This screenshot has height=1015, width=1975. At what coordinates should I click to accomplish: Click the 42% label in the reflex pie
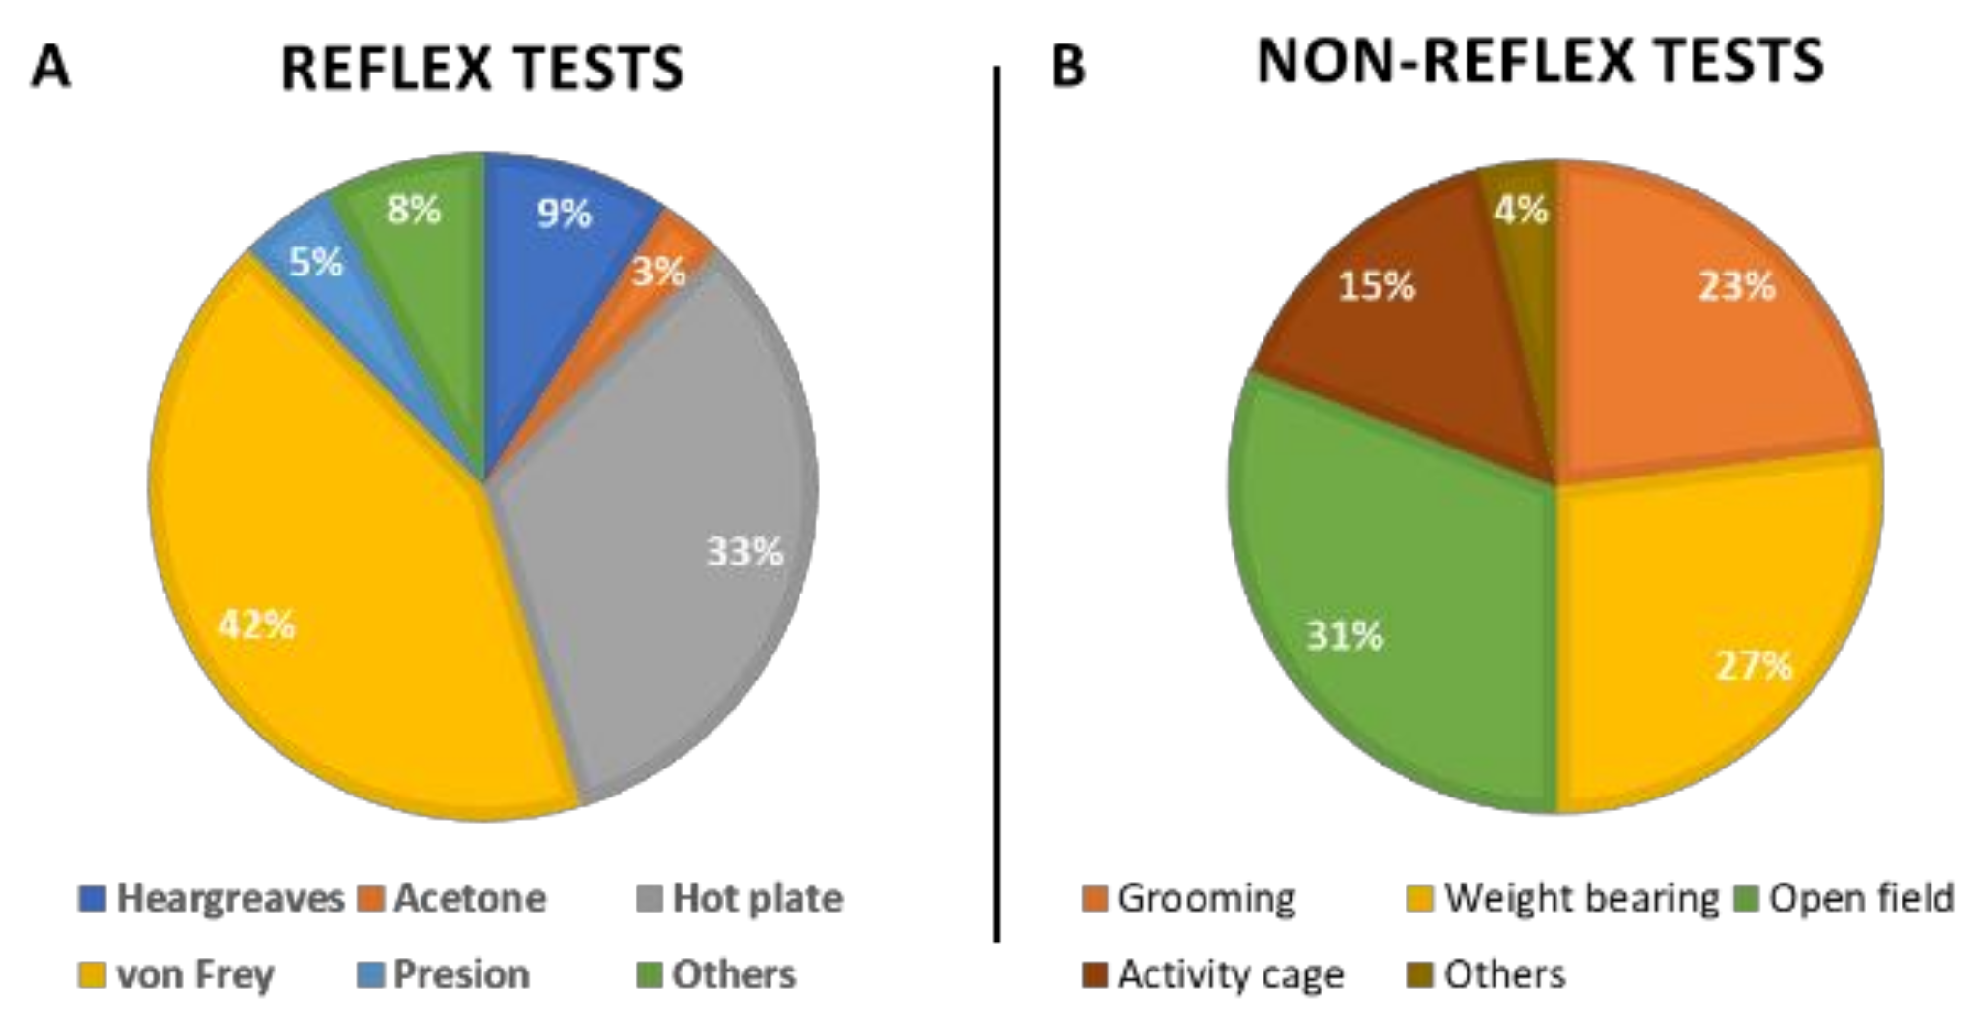[256, 625]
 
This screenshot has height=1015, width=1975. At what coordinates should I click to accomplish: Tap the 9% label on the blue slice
[564, 213]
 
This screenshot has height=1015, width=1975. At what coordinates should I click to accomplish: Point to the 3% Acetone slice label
[659, 272]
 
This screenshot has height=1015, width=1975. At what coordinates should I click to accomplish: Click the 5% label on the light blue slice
[316, 261]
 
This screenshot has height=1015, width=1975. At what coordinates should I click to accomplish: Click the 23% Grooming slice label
[1736, 286]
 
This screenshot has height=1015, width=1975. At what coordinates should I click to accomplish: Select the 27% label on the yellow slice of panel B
[1754, 666]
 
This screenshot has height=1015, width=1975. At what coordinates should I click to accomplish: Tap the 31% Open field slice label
[1345, 636]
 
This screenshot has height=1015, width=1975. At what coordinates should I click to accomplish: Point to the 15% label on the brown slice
[1377, 286]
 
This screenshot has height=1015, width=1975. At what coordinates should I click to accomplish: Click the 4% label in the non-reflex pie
[1521, 210]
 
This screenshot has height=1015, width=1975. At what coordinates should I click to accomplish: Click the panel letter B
[1067, 67]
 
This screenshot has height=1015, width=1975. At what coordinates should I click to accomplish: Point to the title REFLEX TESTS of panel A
[481, 69]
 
